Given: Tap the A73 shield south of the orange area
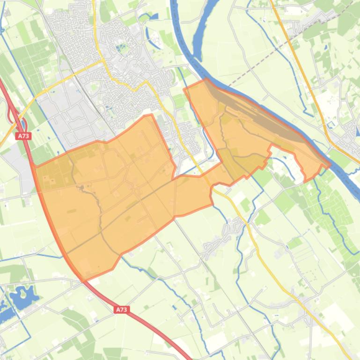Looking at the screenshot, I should [121, 310].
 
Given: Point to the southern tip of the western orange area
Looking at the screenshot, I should [85, 279].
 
